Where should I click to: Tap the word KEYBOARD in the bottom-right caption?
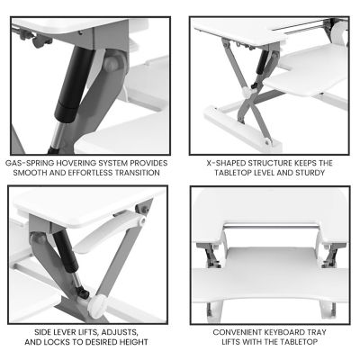point(290,332)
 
